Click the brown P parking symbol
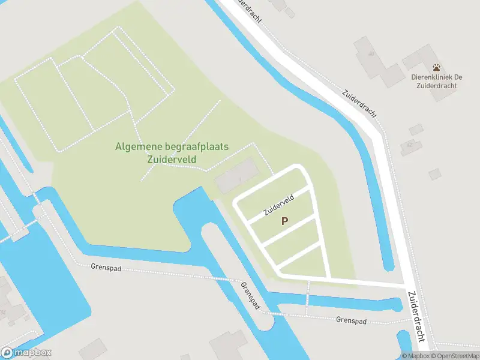point(285,221)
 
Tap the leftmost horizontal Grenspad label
point(106,268)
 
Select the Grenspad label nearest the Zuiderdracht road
point(351,320)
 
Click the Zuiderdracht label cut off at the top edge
point(248,9)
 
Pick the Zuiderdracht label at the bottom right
point(418,316)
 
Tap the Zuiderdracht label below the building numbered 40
point(360,103)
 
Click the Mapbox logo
point(26,353)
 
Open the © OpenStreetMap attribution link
point(454,356)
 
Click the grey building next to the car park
point(236,177)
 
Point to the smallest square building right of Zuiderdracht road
point(434,174)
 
